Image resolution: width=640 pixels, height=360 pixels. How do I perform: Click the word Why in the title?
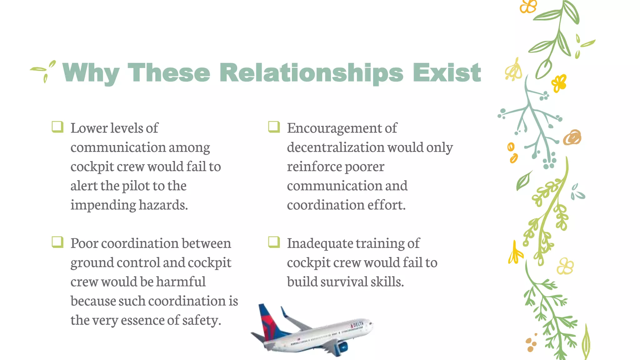tap(91, 73)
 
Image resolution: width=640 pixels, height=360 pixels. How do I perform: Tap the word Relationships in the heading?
tap(311, 73)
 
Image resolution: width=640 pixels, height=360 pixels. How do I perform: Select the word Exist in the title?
tap(447, 73)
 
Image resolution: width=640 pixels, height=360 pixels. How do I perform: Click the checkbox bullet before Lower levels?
tap(57, 127)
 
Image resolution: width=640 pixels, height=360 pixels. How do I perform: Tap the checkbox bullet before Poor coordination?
tap(57, 242)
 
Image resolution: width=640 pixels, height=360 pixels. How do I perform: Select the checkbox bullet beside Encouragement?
tap(274, 127)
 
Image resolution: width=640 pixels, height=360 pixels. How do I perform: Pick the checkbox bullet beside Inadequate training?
tap(274, 242)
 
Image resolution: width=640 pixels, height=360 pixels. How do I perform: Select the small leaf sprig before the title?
tap(44, 71)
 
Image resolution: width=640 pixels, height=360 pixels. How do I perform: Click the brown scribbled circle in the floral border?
tap(572, 137)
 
